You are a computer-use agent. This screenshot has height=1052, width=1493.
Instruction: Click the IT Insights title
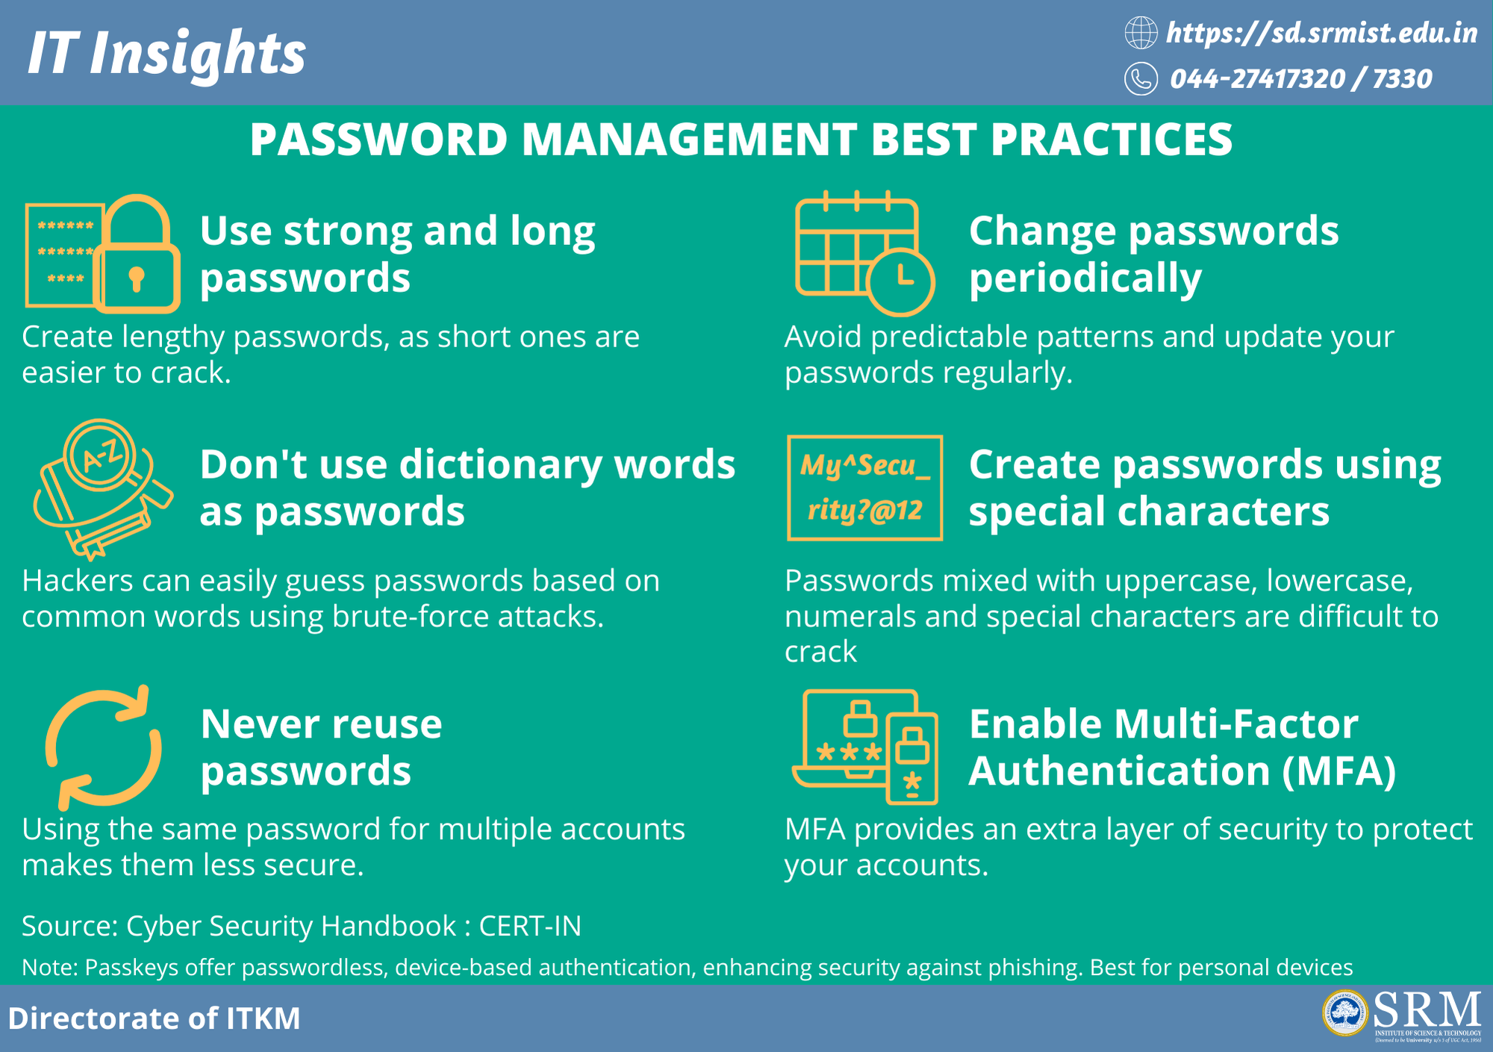point(166,54)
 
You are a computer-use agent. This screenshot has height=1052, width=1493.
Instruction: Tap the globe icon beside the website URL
point(1141,33)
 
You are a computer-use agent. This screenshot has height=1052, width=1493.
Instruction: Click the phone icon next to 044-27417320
point(1141,78)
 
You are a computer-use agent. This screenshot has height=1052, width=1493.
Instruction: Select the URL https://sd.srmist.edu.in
point(1321,33)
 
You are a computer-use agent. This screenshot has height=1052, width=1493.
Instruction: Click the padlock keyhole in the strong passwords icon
point(136,278)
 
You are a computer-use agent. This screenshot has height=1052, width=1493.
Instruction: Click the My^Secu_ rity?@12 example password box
point(864,488)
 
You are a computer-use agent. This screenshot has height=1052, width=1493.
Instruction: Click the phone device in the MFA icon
point(911,758)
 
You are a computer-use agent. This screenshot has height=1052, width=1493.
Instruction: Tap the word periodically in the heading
point(1085,279)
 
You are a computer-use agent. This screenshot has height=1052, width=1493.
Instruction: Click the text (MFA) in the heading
point(1339,771)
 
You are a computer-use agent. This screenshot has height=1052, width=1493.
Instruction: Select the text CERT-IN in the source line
point(530,926)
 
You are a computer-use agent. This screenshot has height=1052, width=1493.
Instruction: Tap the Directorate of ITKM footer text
point(154,1018)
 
